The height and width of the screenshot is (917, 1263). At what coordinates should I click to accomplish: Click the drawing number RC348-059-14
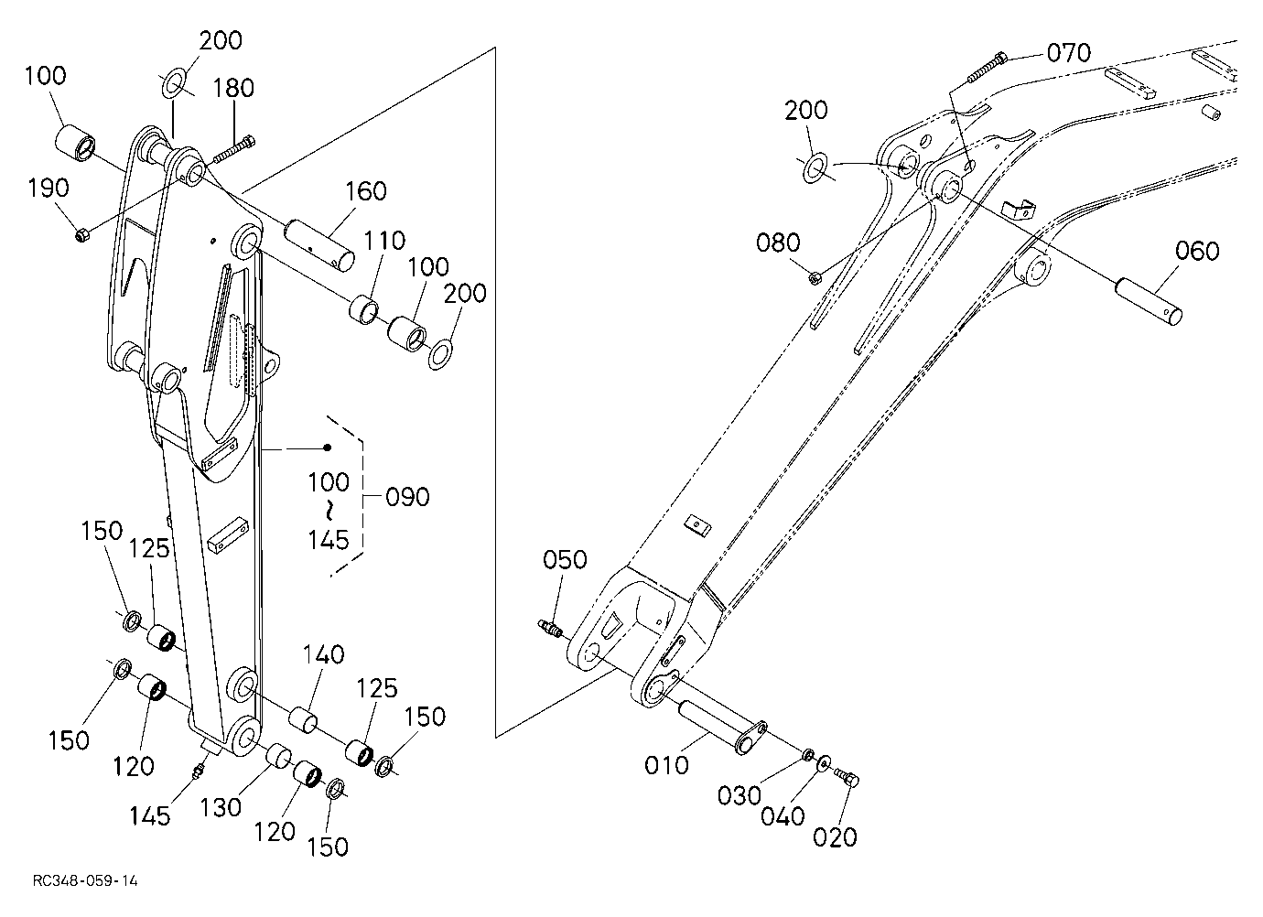(x=85, y=880)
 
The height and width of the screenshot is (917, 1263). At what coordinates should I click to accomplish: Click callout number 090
(x=407, y=497)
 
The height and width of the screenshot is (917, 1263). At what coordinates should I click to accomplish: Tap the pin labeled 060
(x=1149, y=301)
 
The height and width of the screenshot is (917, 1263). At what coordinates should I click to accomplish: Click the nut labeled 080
(x=815, y=277)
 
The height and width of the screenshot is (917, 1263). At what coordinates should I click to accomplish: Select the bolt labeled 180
(x=233, y=149)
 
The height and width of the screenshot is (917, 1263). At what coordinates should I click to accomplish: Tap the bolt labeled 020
(x=847, y=777)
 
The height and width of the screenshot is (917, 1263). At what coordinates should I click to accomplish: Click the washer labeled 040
(x=823, y=763)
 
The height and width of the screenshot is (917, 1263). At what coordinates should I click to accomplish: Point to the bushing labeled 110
(x=363, y=310)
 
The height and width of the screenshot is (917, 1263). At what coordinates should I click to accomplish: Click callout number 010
(x=666, y=765)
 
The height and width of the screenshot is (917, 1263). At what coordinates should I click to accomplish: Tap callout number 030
(x=739, y=796)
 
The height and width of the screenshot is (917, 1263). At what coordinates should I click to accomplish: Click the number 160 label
(x=366, y=192)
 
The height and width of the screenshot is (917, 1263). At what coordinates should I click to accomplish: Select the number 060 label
(x=1197, y=251)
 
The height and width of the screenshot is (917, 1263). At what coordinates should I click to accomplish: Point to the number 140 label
(x=324, y=654)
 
